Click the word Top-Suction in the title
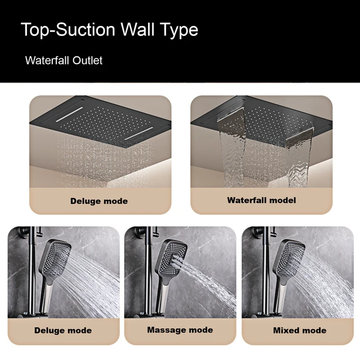(66, 30)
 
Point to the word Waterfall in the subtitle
(47, 60)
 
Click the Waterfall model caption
(261, 200)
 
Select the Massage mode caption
(180, 330)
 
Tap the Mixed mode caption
(300, 330)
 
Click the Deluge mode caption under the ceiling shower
(99, 201)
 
